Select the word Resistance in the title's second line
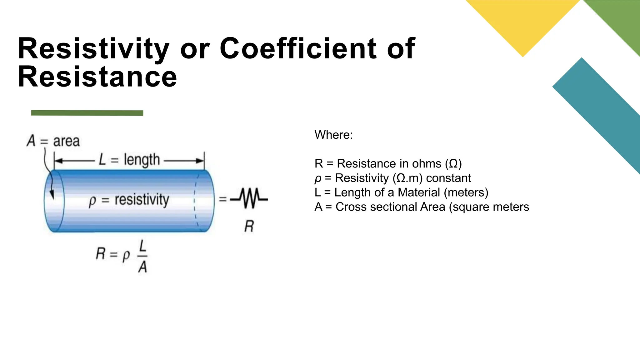[97, 77]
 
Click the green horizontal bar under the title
[87, 113]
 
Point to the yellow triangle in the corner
[522, 22]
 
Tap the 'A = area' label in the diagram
[53, 141]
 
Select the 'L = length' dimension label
[129, 160]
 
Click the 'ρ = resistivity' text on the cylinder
[129, 200]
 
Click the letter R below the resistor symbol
[249, 226]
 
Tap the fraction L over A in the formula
[142, 257]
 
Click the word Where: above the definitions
[333, 135]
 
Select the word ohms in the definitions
[427, 163]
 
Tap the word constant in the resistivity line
[448, 178]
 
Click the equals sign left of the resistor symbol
[222, 199]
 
